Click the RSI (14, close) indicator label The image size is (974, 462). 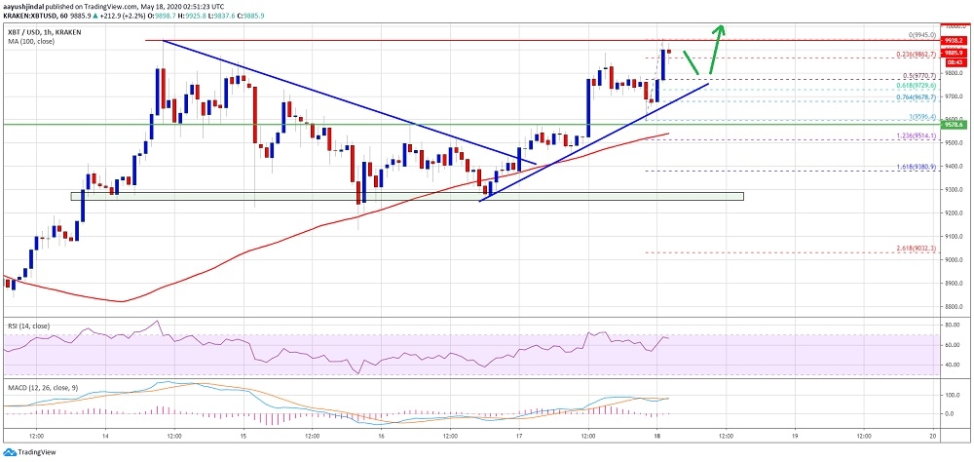(28, 327)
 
